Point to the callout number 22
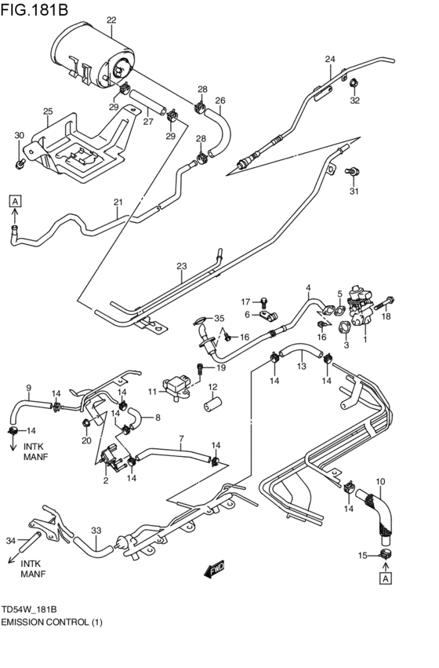(x=111, y=20)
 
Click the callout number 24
(x=330, y=60)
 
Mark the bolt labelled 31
(x=352, y=170)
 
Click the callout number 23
(x=182, y=267)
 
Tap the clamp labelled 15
(x=386, y=556)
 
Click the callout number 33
(x=96, y=531)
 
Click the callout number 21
(x=118, y=203)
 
